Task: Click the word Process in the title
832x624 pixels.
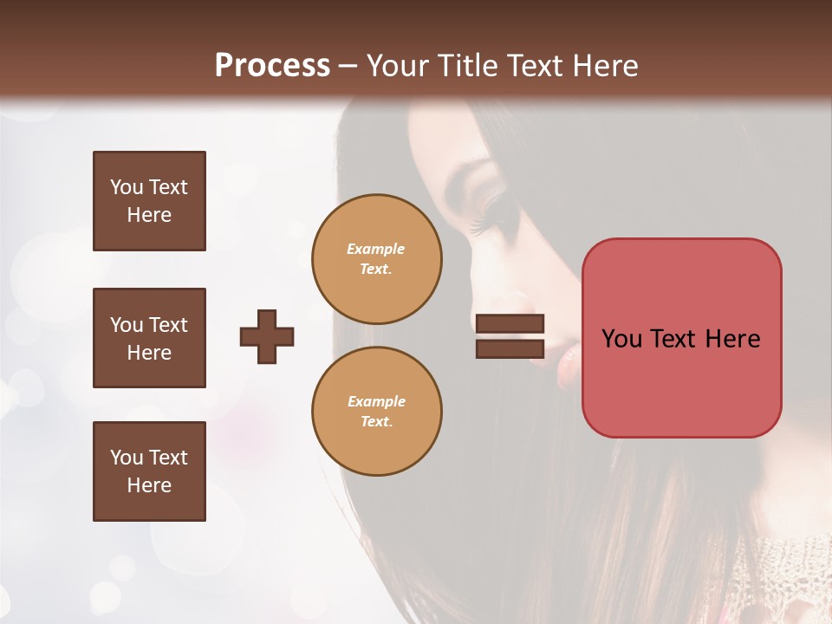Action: click(272, 66)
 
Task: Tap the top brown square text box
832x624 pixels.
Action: click(149, 201)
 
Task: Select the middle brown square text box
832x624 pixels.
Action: click(149, 338)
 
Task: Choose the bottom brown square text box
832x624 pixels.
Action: click(149, 471)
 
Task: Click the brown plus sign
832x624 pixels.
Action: click(267, 336)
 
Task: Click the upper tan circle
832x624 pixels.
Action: click(376, 258)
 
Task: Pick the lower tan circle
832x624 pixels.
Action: click(376, 411)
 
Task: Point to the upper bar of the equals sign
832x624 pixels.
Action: click(510, 324)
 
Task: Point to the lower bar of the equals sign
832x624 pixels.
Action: click(510, 348)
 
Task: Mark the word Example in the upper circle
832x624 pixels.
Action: click(376, 249)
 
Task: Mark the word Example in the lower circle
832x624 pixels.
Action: click(376, 401)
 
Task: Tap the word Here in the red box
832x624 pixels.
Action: click(733, 339)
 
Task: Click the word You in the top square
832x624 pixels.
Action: click(126, 187)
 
